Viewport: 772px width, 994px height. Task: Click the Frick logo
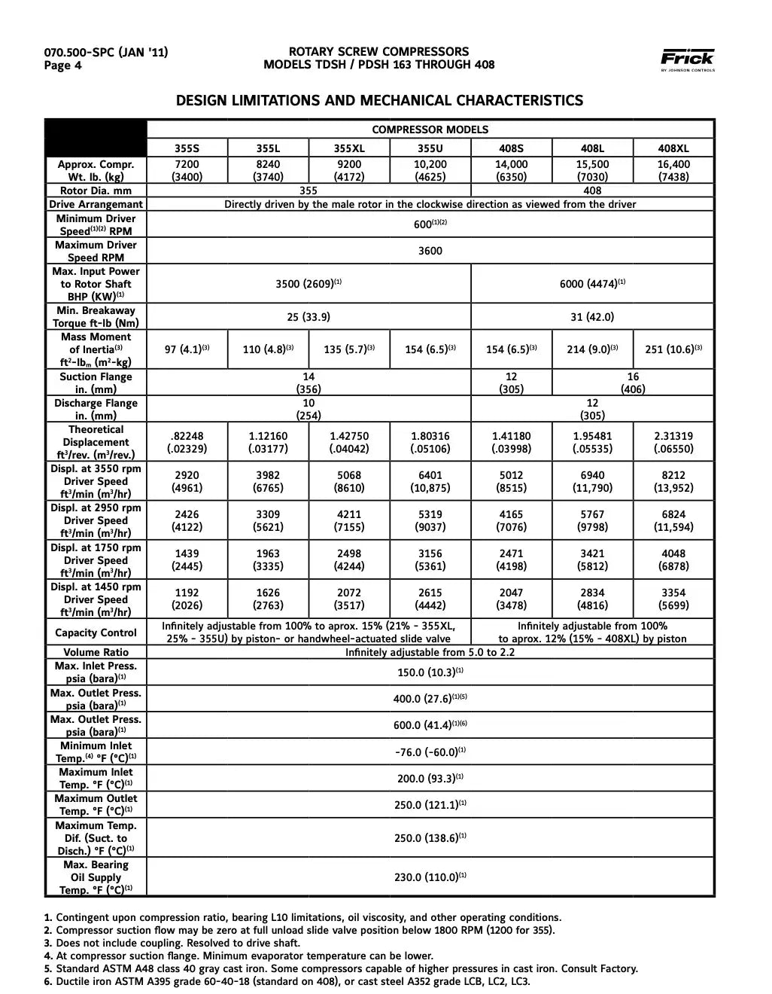(x=687, y=59)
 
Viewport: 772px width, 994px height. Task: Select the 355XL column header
(x=349, y=149)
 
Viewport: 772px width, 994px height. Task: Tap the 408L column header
(x=593, y=149)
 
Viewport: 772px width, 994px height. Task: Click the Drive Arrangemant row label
(x=96, y=205)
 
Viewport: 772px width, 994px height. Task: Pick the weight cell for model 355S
(x=187, y=171)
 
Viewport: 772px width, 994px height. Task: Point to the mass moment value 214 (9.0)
(x=593, y=349)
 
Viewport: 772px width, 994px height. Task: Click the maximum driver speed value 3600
(x=430, y=252)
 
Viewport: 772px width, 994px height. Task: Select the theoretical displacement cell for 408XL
(x=673, y=442)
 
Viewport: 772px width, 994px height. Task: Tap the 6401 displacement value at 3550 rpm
(x=430, y=481)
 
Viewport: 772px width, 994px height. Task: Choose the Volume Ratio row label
(x=96, y=652)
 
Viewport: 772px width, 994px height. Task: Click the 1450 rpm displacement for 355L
(x=268, y=599)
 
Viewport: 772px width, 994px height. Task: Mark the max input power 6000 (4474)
(x=593, y=284)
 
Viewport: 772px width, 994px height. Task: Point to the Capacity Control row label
(x=96, y=633)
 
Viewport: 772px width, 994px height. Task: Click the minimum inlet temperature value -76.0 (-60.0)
(x=430, y=752)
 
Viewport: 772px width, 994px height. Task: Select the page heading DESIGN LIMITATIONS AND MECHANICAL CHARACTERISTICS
(x=379, y=100)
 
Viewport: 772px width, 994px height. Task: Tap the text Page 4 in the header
(x=62, y=66)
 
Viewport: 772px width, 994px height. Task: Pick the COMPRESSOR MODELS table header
(x=430, y=130)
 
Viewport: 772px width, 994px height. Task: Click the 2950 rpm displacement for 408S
(x=512, y=521)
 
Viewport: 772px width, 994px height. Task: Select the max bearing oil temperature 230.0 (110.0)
(x=430, y=877)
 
